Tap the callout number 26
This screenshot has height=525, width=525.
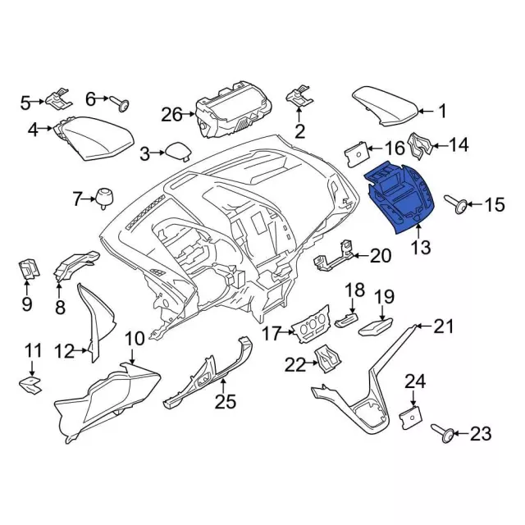(x=171, y=114)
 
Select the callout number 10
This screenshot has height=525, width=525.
(x=134, y=338)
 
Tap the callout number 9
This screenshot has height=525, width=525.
(x=26, y=305)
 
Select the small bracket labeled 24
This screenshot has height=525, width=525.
(x=409, y=417)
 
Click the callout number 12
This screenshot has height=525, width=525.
(x=65, y=352)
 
